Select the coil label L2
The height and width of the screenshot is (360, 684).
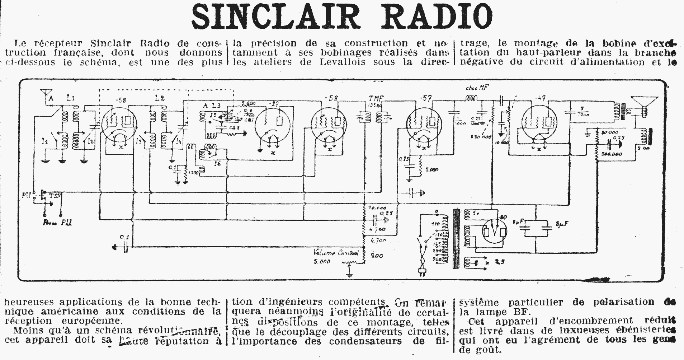[x=160, y=98]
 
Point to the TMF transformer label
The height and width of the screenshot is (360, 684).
[x=376, y=98]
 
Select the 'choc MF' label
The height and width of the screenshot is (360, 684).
[x=477, y=88]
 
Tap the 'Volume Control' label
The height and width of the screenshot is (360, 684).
[x=336, y=253]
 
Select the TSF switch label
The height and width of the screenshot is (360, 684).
[x=55, y=196]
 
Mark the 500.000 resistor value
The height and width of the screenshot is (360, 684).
[x=612, y=154]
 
